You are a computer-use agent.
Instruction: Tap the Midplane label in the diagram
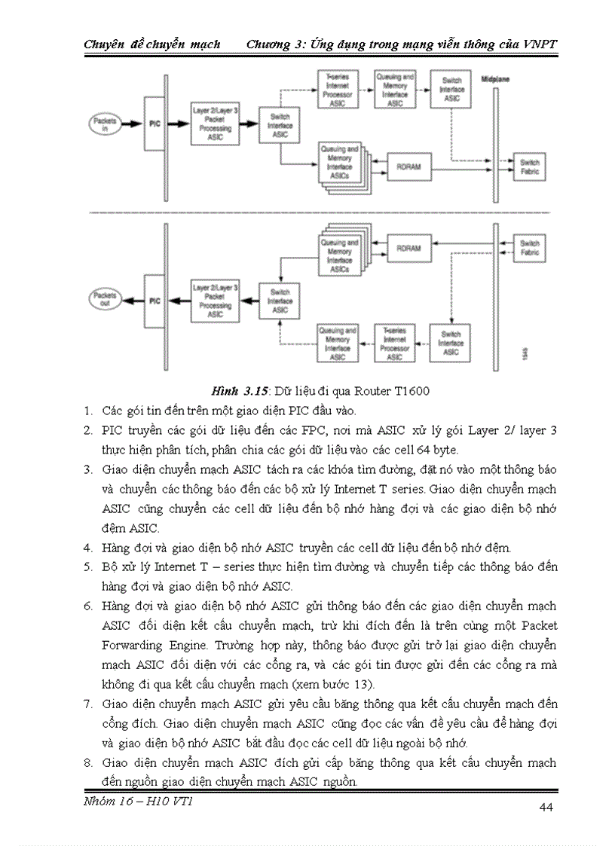pyautogui.click(x=494, y=78)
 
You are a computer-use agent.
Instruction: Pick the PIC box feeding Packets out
pyautogui.click(x=154, y=300)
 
